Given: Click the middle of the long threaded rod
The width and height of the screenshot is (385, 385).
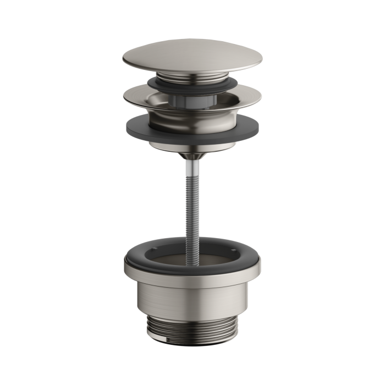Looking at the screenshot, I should (x=192, y=198).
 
